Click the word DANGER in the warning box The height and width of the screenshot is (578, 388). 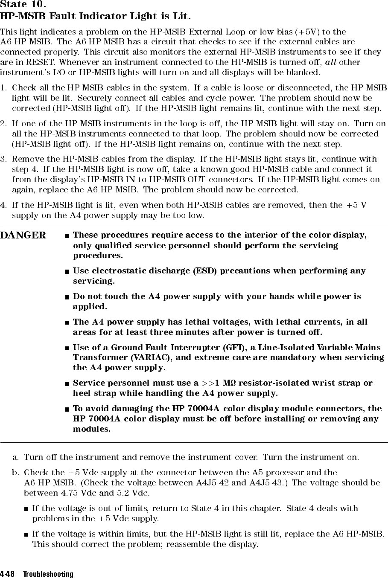click(23, 235)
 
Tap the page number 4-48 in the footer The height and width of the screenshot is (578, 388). click(9, 574)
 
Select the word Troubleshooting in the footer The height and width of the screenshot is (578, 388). click(48, 574)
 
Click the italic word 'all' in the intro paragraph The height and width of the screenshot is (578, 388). click(331, 62)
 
